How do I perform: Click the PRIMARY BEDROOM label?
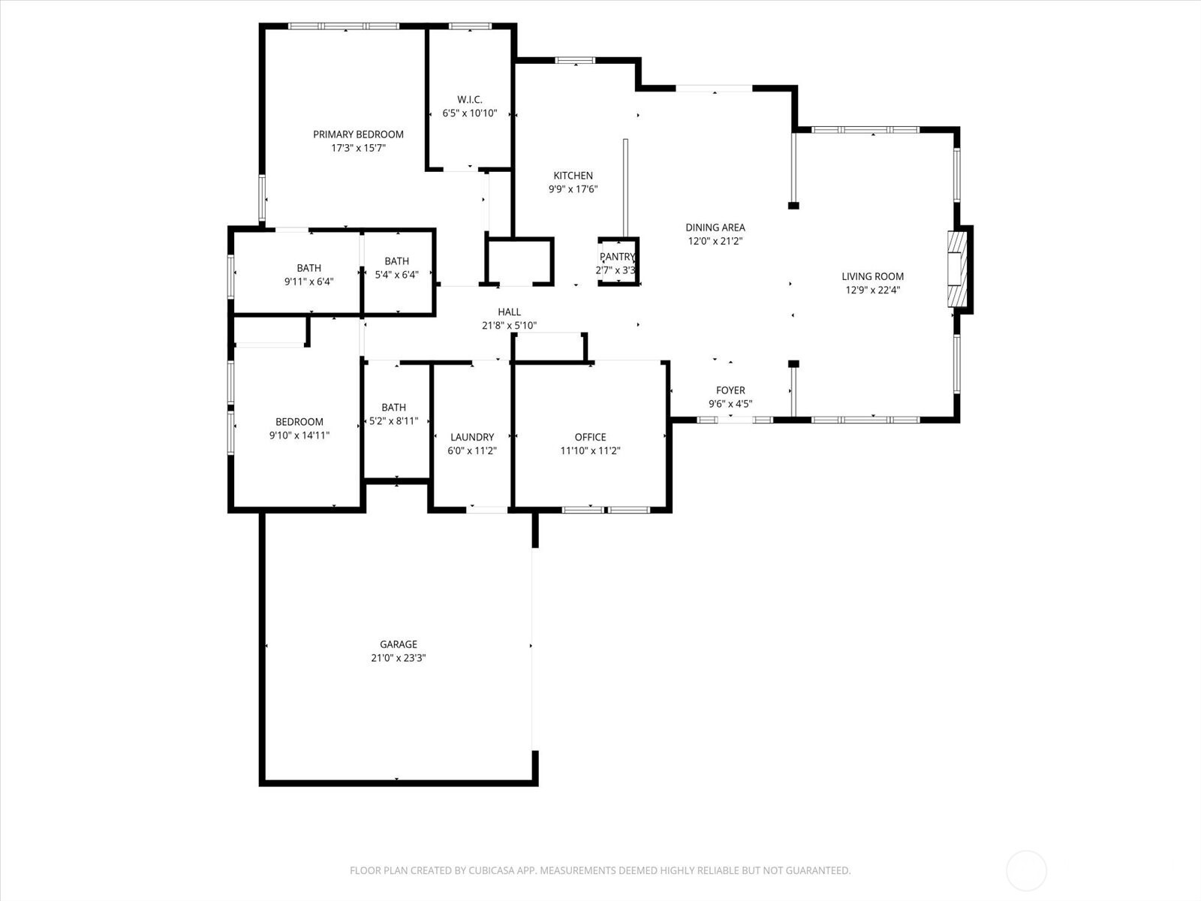[358, 134]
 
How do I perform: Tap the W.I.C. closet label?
[469, 100]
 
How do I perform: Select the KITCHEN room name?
[573, 176]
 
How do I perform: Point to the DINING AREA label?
[715, 228]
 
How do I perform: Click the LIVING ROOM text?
[872, 277]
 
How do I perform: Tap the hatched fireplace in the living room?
[957, 269]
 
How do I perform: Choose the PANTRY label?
[617, 257]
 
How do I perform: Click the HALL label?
[509, 312]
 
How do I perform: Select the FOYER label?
[730, 390]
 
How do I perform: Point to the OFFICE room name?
[590, 437]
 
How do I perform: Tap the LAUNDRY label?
[471, 437]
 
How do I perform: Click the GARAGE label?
[399, 644]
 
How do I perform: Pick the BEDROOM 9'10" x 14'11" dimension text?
[299, 435]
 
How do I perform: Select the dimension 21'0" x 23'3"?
[399, 658]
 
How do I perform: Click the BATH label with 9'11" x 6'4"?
[309, 268]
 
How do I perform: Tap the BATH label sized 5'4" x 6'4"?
[396, 261]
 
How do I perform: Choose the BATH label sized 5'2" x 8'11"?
[393, 408]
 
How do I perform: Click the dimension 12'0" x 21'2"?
[715, 241]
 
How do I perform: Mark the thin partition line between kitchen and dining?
[625, 188]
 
